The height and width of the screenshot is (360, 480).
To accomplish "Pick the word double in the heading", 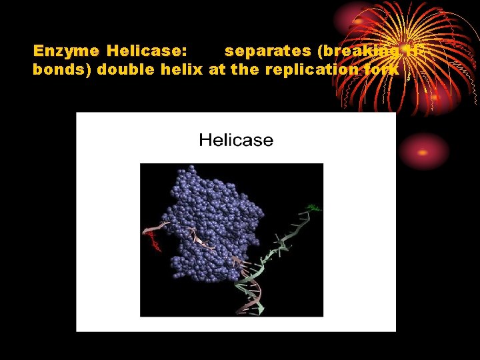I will click(x=126, y=69).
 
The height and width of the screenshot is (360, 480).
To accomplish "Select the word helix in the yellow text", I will click(x=183, y=69).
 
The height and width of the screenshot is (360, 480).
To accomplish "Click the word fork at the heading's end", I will click(x=383, y=69).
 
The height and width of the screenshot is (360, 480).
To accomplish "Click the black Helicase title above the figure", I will click(x=236, y=140).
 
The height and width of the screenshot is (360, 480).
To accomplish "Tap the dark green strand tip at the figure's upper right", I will click(x=313, y=207).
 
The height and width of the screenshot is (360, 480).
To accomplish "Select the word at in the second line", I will click(x=217, y=69).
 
